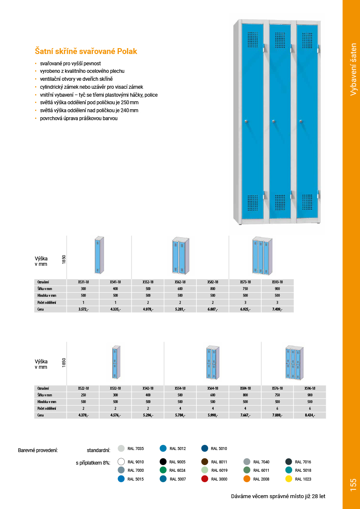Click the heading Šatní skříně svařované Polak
(x=86, y=51)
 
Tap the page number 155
(x=353, y=485)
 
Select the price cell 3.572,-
(x=83, y=309)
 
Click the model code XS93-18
(x=277, y=282)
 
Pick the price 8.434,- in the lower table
(x=310, y=415)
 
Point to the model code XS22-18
(x=83, y=388)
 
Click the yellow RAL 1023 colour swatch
(x=288, y=479)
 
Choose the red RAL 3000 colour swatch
(x=205, y=479)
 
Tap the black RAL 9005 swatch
(x=163, y=462)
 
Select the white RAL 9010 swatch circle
(x=121, y=462)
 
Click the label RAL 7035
(x=136, y=449)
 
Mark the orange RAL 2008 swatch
(x=247, y=479)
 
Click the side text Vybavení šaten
(x=353, y=69)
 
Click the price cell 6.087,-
(x=212, y=309)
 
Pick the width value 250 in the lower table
(x=83, y=395)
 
